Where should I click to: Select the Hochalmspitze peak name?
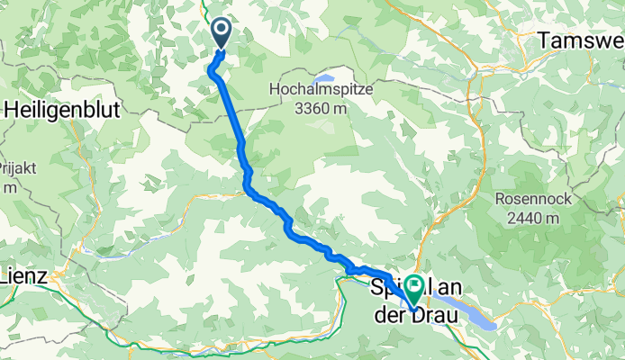click(319, 90)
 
